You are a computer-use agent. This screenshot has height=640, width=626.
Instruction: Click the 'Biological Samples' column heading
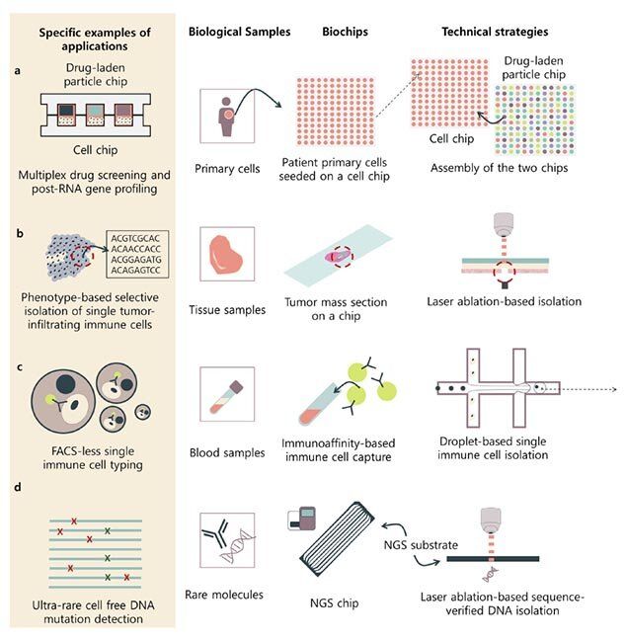(239, 32)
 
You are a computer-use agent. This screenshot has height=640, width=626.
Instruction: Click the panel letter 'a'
(17, 71)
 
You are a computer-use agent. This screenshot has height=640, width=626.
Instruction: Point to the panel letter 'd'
(17, 482)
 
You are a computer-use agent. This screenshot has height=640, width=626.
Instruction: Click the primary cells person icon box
(228, 117)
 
